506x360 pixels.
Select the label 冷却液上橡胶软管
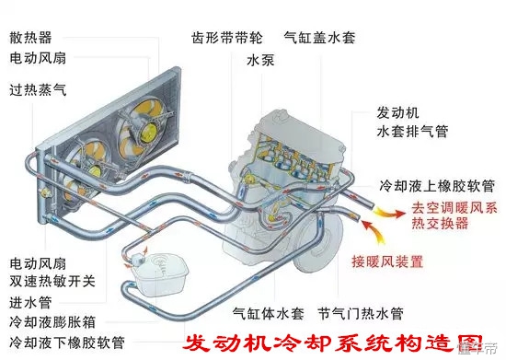[x=437, y=186]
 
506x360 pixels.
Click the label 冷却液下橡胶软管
[x=63, y=343]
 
